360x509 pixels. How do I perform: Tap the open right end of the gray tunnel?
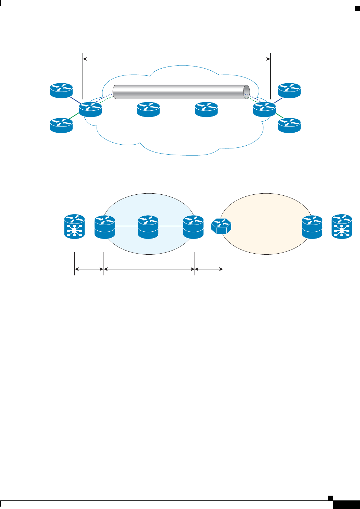tap(246, 92)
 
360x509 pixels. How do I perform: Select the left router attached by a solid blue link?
tap(62, 90)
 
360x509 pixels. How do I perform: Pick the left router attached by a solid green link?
tap(62, 125)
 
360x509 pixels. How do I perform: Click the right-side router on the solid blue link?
tap(289, 90)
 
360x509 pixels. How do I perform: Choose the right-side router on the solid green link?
tap(289, 125)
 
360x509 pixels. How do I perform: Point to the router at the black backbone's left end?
tap(90, 109)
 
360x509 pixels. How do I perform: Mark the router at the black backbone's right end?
tap(264, 109)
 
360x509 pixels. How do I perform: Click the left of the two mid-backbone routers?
tap(148, 109)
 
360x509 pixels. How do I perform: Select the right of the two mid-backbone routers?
tap(206, 109)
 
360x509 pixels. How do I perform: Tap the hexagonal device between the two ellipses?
tap(221, 226)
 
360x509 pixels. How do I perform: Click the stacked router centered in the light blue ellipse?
tap(148, 226)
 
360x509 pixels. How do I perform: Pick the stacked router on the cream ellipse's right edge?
tap(312, 226)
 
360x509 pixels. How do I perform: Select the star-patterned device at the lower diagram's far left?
tap(75, 226)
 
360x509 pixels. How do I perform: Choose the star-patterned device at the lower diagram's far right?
tap(342, 226)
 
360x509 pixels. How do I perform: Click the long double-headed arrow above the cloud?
tap(177, 59)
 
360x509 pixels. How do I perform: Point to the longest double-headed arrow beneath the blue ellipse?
tap(149, 270)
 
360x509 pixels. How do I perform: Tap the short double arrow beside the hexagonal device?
tap(209, 270)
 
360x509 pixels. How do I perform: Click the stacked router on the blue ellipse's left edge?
tap(104, 226)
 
